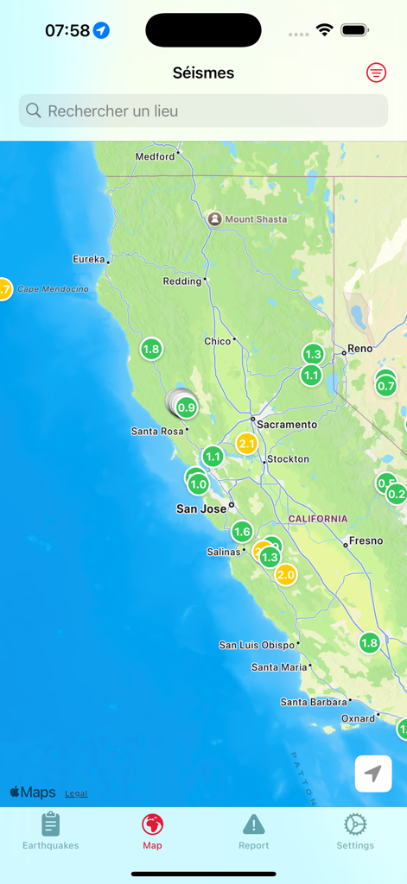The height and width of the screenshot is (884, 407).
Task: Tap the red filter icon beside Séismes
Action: [376, 73]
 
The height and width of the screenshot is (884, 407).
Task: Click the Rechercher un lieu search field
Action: [203, 110]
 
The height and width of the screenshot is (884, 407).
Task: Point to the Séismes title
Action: [203, 73]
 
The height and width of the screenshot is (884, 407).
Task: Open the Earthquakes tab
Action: [50, 831]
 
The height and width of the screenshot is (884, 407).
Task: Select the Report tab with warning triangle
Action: [253, 831]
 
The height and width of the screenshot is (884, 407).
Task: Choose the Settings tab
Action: [355, 831]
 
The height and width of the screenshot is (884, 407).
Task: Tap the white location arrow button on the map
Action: [373, 773]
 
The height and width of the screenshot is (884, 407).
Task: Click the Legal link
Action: [76, 793]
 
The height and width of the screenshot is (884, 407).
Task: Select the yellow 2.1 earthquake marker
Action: [247, 444]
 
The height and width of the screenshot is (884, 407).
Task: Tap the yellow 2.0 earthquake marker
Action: [285, 574]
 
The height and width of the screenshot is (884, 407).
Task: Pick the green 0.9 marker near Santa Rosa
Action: [187, 407]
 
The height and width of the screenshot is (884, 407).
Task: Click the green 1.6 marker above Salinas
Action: [242, 532]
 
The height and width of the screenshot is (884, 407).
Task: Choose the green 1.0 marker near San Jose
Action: [199, 484]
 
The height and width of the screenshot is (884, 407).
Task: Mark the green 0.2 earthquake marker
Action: [397, 495]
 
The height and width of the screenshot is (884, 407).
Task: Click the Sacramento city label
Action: [287, 425]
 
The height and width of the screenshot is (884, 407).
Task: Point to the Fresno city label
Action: [366, 541]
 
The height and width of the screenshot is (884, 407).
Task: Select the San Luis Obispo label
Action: [257, 645]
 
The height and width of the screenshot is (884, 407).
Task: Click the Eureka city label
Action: [88, 259]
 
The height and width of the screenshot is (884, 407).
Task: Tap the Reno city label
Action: [359, 350]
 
